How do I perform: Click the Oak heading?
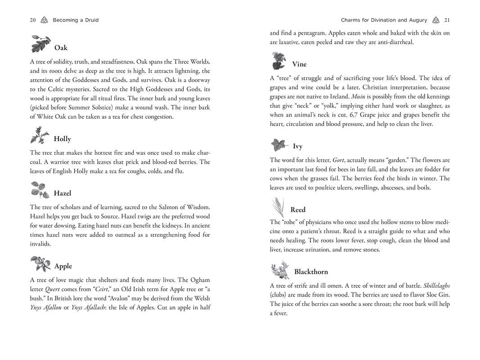tap(61, 48)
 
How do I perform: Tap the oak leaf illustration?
tap(41, 43)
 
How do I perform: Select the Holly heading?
tap(62, 139)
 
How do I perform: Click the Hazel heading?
tap(63, 193)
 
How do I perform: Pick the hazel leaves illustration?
tap(40, 190)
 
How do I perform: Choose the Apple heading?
tap(63, 266)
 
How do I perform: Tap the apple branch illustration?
tap(41, 263)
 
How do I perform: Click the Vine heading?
tap(299, 64)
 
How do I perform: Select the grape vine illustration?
tap(279, 60)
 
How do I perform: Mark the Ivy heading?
tap(298, 146)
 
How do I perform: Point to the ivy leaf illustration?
tap(279, 145)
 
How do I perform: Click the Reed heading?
tap(298, 210)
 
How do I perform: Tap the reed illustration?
tap(278, 207)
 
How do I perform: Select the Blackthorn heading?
tap(311, 272)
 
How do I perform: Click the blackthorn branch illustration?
tap(280, 270)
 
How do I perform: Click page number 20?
tap(33, 20)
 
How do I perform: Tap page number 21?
tap(447, 20)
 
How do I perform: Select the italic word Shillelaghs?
tap(436, 286)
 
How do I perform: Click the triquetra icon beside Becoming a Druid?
tap(44, 20)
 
